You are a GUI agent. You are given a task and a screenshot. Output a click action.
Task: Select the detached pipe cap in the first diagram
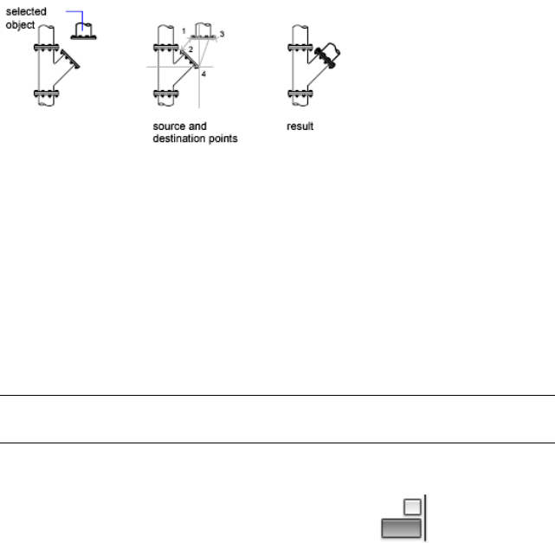tap(82, 33)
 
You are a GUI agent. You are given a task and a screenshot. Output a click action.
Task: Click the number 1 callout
tap(184, 31)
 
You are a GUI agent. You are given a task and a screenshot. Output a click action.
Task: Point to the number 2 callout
tap(190, 48)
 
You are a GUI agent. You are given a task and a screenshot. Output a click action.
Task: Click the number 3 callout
tap(222, 33)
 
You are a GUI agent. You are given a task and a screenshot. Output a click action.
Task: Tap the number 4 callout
tap(204, 74)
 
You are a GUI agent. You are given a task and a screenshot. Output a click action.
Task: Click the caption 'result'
tap(299, 126)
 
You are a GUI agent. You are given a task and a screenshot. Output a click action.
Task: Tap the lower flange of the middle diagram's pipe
tap(165, 94)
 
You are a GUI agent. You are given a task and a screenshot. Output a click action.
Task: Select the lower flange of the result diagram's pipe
tap(300, 94)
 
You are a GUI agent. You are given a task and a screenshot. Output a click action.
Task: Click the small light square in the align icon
tap(413, 507)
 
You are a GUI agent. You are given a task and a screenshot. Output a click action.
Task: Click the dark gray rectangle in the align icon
tap(400, 527)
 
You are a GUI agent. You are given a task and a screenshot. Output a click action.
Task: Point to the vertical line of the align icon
tap(425, 518)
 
